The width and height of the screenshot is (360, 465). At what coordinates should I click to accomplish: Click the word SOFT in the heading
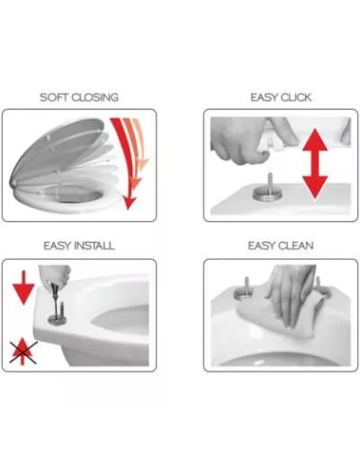(x=53, y=97)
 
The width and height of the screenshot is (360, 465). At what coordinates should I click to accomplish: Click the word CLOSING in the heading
(x=94, y=97)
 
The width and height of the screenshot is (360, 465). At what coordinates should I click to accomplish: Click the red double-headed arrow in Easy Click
(x=315, y=164)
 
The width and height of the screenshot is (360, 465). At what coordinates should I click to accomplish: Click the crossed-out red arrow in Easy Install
(x=23, y=352)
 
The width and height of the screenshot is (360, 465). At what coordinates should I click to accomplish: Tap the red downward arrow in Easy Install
(x=24, y=287)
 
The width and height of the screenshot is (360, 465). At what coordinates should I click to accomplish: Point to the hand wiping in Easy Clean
(x=291, y=293)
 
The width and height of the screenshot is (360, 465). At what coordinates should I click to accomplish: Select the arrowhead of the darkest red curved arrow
(x=129, y=202)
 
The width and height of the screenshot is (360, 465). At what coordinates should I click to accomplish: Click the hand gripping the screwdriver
(x=55, y=275)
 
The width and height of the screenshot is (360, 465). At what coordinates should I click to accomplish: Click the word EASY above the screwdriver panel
(x=56, y=246)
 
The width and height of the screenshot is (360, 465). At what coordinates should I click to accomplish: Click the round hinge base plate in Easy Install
(x=58, y=319)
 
